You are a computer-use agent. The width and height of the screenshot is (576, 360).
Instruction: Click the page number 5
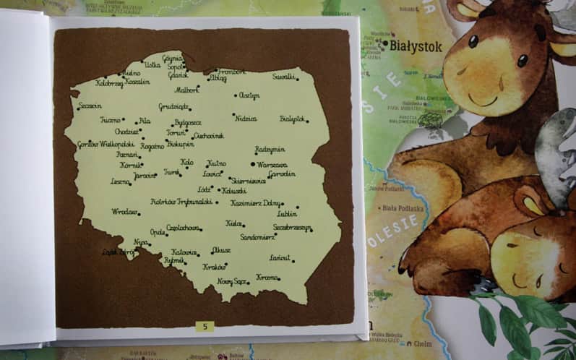click(205, 326)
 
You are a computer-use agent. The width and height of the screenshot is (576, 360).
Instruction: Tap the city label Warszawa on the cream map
click(272, 165)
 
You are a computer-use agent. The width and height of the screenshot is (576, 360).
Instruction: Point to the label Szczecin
click(90, 106)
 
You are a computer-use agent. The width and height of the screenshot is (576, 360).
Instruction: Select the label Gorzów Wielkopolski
click(106, 144)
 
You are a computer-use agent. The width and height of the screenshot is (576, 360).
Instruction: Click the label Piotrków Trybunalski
click(181, 202)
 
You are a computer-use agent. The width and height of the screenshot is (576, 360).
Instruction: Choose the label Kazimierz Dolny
click(255, 203)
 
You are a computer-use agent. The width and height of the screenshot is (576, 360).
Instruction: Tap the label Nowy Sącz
click(231, 280)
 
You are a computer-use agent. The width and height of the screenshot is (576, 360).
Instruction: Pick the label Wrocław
click(124, 212)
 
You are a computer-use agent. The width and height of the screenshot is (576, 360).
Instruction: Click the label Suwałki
click(283, 76)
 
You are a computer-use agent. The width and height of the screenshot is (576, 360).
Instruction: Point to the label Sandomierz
click(257, 236)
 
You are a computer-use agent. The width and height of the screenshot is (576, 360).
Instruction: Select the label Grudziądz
click(173, 106)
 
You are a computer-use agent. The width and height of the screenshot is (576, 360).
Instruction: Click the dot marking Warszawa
click(253, 163)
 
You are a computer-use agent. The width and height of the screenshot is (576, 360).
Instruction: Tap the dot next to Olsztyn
click(236, 95)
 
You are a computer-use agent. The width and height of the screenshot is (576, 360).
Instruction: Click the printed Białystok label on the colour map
click(416, 46)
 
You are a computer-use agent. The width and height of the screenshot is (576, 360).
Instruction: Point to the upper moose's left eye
click(473, 41)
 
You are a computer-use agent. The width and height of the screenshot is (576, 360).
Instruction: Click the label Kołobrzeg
click(109, 84)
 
